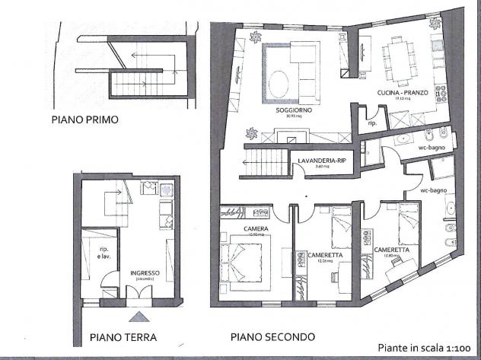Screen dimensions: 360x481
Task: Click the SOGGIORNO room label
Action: coord(290,111)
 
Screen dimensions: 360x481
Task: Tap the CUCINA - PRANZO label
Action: coord(397,92)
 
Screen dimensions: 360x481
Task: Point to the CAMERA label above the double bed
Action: coord(253,228)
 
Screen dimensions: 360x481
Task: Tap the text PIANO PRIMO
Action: coord(84,119)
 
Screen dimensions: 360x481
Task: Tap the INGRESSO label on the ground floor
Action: coord(145,274)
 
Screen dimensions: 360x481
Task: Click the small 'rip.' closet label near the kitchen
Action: coord(373,122)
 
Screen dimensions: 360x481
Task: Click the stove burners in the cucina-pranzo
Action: coord(441,94)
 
